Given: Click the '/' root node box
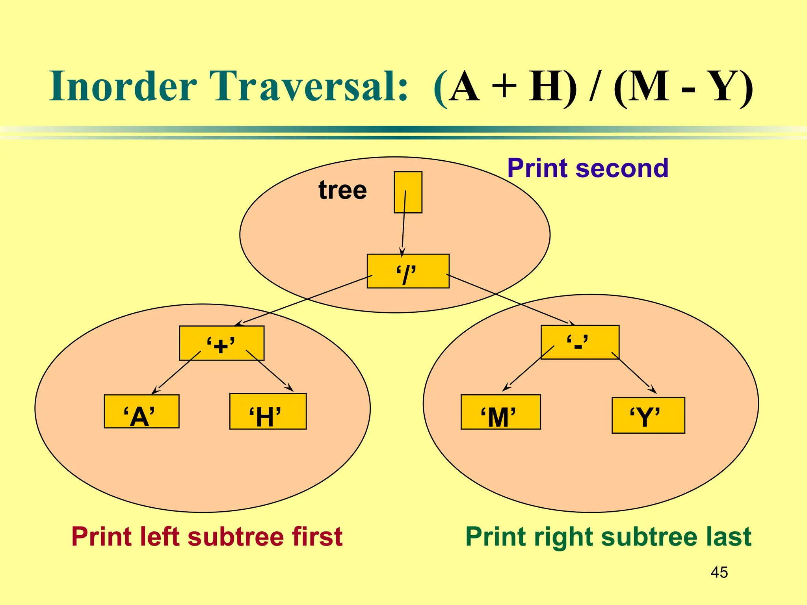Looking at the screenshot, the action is pyautogui.click(x=408, y=271).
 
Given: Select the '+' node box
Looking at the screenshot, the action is pyautogui.click(x=221, y=343).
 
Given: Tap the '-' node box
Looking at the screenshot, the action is pyautogui.click(x=580, y=342).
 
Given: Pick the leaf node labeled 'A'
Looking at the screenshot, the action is pyautogui.click(x=141, y=412).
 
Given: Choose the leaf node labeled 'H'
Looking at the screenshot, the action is pyautogui.click(x=268, y=412).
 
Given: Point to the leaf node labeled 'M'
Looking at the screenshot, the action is pyautogui.click(x=500, y=412).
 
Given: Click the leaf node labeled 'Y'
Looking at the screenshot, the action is pyautogui.click(x=648, y=416).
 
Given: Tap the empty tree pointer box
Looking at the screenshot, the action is pyautogui.click(x=408, y=192).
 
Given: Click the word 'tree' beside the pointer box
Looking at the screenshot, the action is pyautogui.click(x=342, y=190).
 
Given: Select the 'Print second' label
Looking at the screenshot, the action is pyautogui.click(x=588, y=168).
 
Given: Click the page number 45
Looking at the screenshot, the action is pyautogui.click(x=719, y=572).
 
